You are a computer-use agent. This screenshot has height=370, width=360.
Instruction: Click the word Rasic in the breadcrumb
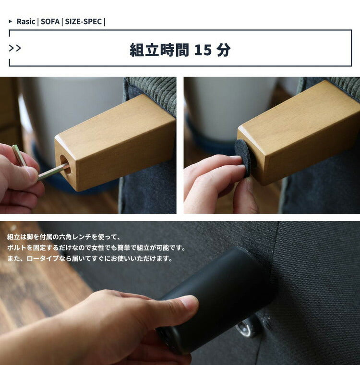point(26,22)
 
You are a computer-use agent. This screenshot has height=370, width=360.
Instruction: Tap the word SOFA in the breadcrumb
point(50,22)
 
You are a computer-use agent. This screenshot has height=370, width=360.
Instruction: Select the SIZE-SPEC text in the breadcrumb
point(83,22)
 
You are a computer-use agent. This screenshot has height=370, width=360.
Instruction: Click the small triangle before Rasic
point(11,22)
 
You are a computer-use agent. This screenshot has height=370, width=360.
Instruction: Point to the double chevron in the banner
point(15,48)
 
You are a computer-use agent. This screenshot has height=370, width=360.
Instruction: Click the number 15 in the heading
point(203,50)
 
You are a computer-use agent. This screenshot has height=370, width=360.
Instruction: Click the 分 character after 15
point(224,50)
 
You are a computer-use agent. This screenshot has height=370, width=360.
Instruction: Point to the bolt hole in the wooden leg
point(65,164)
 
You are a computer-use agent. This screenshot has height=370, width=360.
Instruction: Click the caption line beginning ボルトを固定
point(96,248)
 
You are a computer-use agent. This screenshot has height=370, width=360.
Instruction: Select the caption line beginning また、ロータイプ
point(90,259)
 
